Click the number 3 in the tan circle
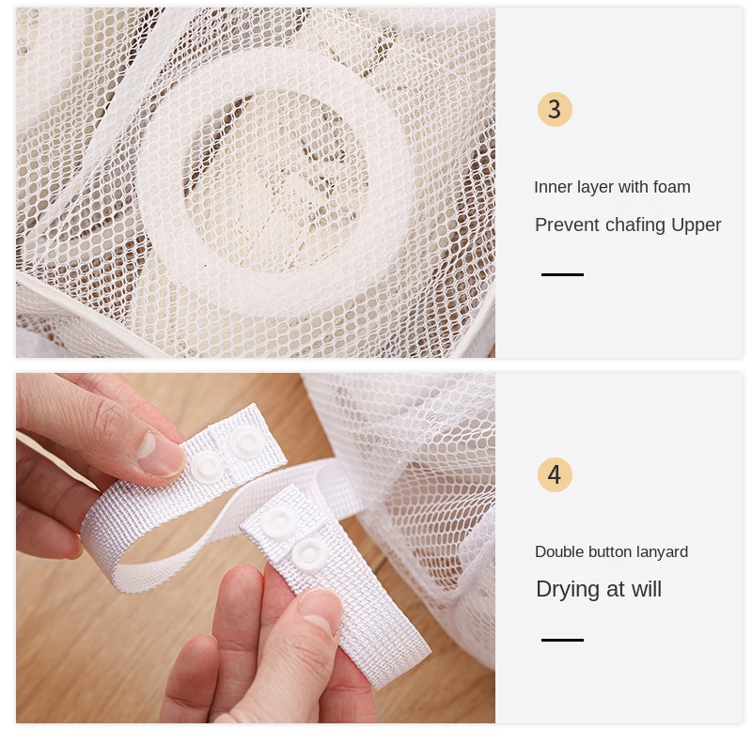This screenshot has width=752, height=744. click(555, 109)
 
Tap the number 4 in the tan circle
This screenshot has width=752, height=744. click(555, 474)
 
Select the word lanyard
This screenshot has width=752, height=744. click(664, 552)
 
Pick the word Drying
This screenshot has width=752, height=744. click(569, 590)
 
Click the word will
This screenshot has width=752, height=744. click(647, 589)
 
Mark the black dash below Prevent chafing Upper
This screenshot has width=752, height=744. click(562, 274)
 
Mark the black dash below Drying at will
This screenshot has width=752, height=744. click(562, 640)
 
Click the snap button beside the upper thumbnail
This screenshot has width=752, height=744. click(208, 465)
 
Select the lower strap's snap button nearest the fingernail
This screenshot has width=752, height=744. click(310, 553)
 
